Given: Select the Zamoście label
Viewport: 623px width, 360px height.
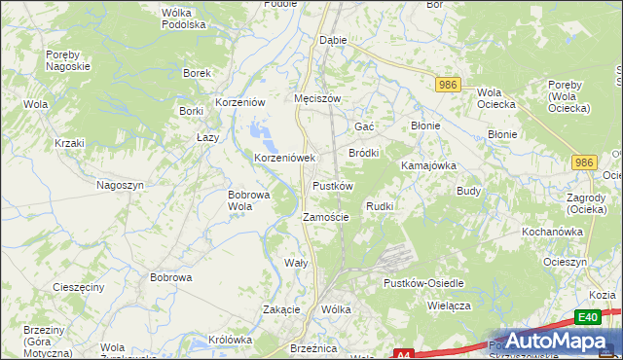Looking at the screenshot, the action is click(326, 217).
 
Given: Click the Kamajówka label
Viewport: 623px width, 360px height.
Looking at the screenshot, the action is click(429, 165).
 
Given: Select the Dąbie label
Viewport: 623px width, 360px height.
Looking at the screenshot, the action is click(334, 41).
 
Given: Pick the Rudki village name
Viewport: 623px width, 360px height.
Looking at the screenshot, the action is click(380, 206).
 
